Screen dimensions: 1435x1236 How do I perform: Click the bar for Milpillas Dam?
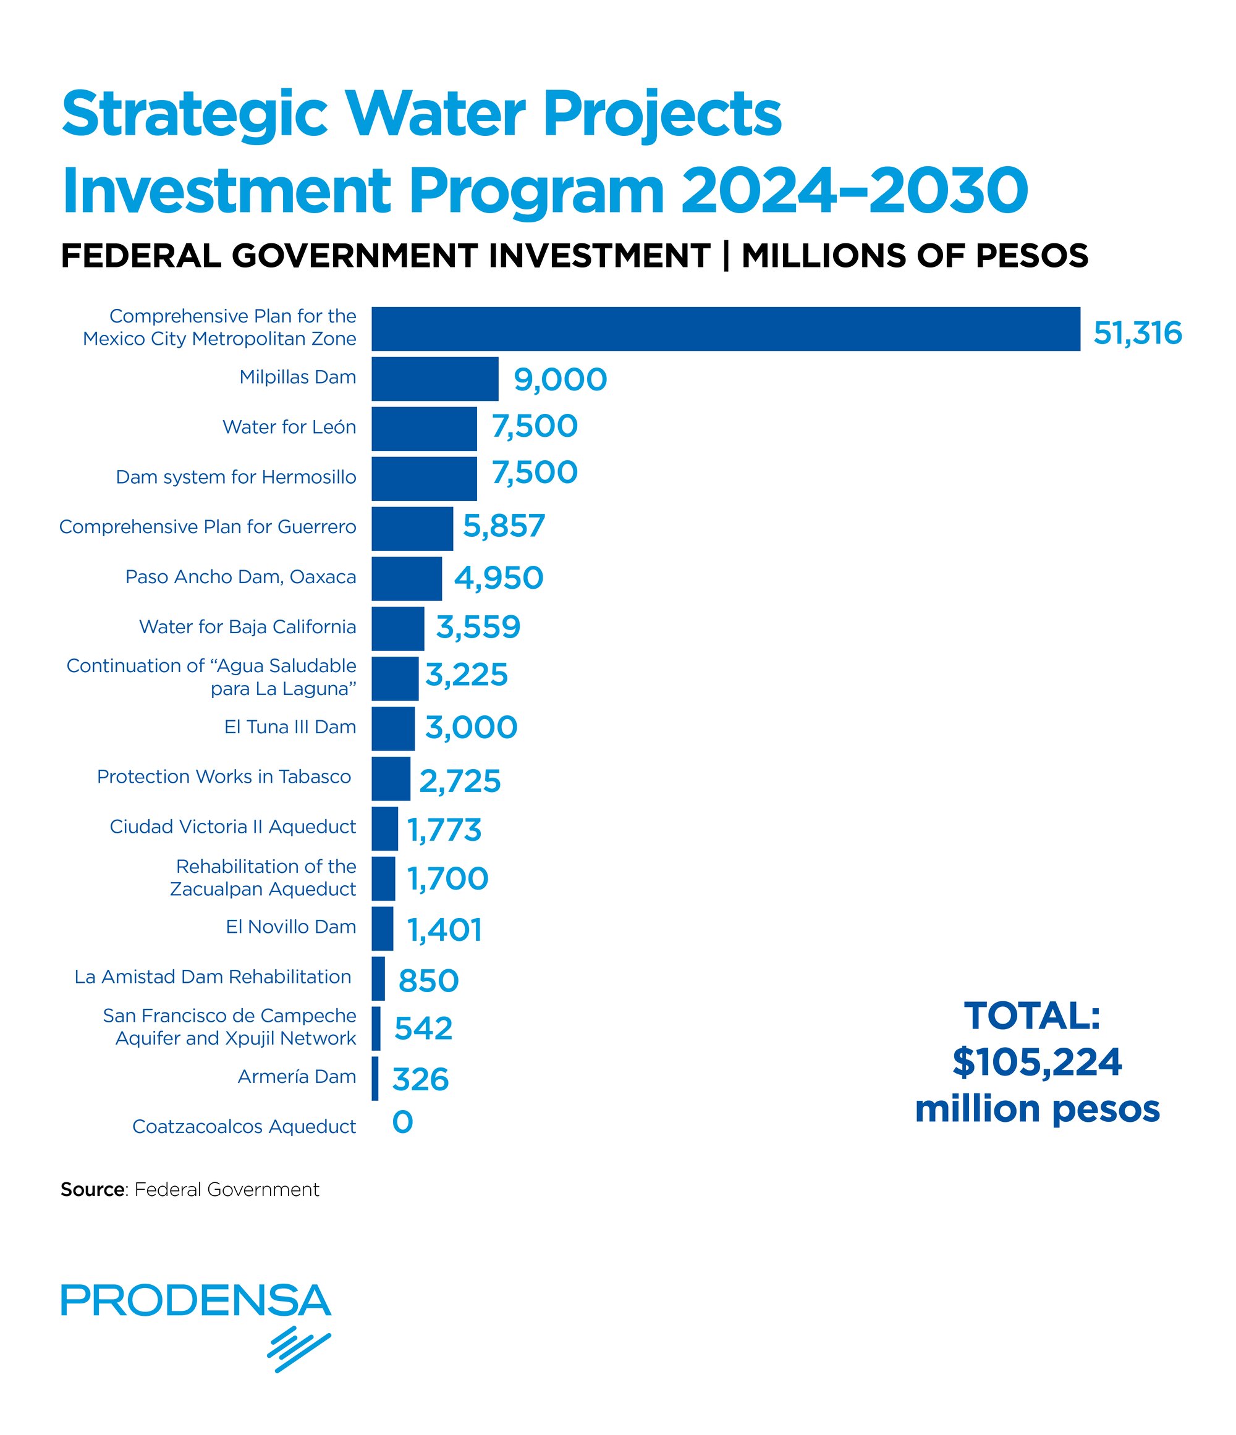[434, 379]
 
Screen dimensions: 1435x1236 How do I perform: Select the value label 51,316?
[1137, 333]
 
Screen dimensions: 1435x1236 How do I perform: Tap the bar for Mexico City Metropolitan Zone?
[726, 329]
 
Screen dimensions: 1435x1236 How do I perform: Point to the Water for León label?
[289, 427]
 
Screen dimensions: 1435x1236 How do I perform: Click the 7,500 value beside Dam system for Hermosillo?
[534, 473]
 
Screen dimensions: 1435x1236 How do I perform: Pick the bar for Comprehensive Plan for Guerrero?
[412, 528]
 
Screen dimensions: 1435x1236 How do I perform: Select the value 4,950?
[498, 578]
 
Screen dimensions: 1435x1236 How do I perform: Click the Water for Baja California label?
[247, 627]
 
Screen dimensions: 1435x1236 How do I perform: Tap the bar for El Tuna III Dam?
[393, 728]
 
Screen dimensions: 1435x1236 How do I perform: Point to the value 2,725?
[459, 781]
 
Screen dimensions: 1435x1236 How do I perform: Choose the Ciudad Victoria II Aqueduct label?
[233, 827]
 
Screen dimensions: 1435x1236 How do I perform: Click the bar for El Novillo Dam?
[383, 928]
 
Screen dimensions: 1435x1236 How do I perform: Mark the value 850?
[428, 981]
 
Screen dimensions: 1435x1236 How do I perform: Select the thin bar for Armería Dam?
[375, 1079]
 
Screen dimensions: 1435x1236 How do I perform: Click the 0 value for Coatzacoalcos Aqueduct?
[402, 1122]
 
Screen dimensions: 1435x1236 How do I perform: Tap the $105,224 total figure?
[1036, 1063]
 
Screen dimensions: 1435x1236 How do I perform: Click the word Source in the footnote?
[92, 1190]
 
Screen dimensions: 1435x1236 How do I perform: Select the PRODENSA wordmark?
[196, 1300]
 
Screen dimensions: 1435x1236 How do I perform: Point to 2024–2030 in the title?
[853, 190]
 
